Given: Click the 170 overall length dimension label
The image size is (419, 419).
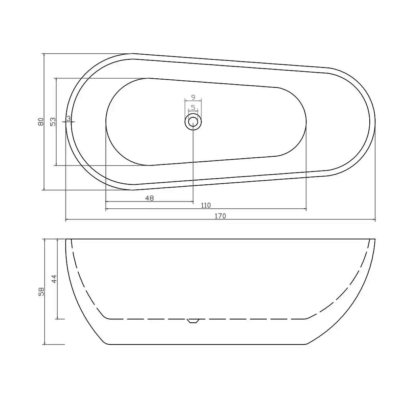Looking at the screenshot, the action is pos(221,216).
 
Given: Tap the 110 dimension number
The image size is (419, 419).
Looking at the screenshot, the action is pos(206,205).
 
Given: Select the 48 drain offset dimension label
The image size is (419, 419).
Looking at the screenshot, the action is pos(149,198).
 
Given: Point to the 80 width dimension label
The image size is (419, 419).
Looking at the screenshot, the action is pos(41,121).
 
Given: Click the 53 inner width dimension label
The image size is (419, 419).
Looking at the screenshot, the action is pos(53,121).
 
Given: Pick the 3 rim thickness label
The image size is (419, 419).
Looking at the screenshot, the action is pos(69,118).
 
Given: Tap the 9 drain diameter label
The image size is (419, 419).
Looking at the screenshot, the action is pos(193,97).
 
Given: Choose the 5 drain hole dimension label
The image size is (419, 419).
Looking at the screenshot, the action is pos(193,107).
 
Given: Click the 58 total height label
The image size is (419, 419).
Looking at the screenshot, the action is pos(41,292).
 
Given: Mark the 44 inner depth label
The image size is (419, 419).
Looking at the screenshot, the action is pos(54,279).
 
